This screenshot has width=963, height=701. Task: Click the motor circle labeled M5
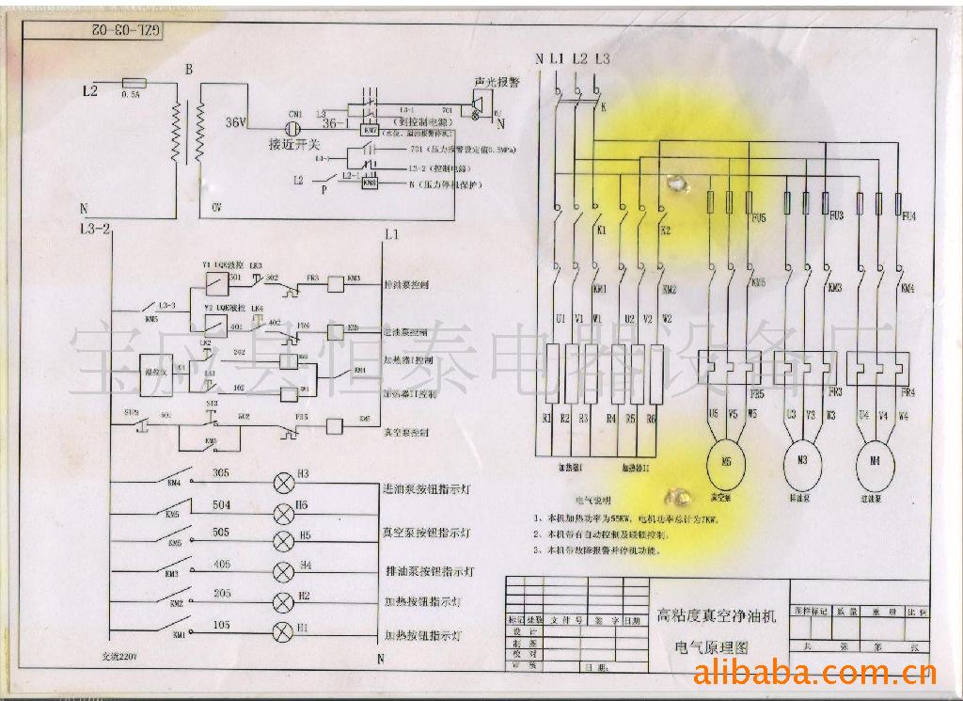[x=725, y=461]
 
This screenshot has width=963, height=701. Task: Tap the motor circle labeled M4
[x=876, y=461]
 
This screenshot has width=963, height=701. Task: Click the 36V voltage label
[x=236, y=122]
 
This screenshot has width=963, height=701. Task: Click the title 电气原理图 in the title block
[x=712, y=648]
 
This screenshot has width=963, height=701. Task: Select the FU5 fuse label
[x=759, y=217]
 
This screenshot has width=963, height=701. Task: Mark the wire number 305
[x=222, y=472]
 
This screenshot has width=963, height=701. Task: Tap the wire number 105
[x=222, y=625]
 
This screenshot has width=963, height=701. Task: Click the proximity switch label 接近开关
[x=294, y=144]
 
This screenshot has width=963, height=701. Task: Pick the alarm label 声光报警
[x=501, y=83]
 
